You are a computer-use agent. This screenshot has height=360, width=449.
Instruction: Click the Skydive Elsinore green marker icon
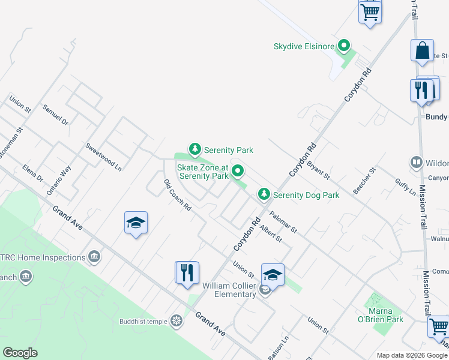pyautogui.click(x=344, y=46)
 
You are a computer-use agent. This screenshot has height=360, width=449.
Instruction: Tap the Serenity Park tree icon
pyautogui.click(x=194, y=149)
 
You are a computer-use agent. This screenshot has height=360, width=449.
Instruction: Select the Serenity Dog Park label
pyautogui.click(x=306, y=195)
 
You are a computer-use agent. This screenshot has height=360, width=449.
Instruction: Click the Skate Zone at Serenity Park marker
pyautogui.click(x=238, y=172)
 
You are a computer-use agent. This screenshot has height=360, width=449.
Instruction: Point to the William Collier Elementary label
pyautogui.click(x=229, y=290)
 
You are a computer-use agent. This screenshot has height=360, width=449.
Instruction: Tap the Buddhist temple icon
pyautogui.click(x=176, y=321)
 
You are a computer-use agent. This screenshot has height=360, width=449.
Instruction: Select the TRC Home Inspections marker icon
pyautogui.click(x=94, y=257)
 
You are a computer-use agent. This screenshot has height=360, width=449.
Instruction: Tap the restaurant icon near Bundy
pyautogui.click(x=421, y=91)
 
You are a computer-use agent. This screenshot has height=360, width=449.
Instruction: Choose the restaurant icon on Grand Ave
pyautogui.click(x=187, y=272)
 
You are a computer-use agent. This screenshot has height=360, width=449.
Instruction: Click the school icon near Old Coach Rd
pyautogui.click(x=136, y=223)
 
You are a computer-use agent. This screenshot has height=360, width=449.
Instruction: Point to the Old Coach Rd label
pyautogui.click(x=177, y=195)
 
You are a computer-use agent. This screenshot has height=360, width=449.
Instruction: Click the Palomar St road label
pyautogui.click(x=283, y=221)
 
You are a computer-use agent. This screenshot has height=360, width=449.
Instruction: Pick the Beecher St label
pyautogui.click(x=364, y=180)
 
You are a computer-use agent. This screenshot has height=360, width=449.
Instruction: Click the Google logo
pyautogui.click(x=20, y=353)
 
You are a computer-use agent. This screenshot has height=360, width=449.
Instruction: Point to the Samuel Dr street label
pyautogui.click(x=55, y=114)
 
